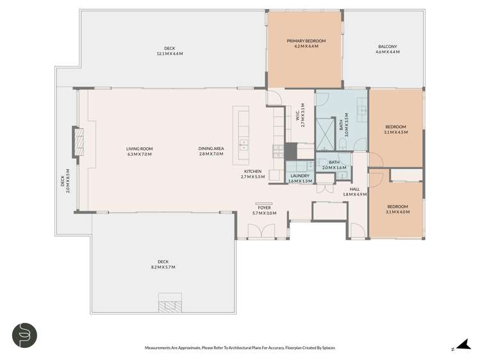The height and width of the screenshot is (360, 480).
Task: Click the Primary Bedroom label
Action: click(x=306, y=41)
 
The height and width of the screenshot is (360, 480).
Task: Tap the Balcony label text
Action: click(x=388, y=47)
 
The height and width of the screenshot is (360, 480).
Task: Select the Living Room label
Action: click(x=139, y=149)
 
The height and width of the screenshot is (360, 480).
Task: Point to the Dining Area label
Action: click(x=211, y=149)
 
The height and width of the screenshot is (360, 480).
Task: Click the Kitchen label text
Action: click(x=253, y=171)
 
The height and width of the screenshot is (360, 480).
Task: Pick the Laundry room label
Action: click(x=300, y=176)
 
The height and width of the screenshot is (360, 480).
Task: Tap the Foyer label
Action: click(x=264, y=208)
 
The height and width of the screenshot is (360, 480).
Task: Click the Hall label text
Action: click(x=354, y=189)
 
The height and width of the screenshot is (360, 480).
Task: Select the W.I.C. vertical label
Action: click(x=298, y=115)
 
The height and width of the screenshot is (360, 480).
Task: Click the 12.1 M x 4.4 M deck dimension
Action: click(x=170, y=54)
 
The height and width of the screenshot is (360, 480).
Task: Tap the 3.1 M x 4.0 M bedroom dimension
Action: click(x=398, y=212)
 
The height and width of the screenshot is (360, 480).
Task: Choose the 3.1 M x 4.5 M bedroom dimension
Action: click(x=395, y=133)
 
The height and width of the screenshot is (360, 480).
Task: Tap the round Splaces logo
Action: click(x=24, y=335)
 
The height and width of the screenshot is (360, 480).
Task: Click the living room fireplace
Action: click(x=79, y=142)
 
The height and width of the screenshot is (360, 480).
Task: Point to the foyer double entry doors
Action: click(x=261, y=231)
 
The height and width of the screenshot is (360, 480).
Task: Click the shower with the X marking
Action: click(x=326, y=135)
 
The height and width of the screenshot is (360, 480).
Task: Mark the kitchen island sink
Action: click(x=244, y=145)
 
